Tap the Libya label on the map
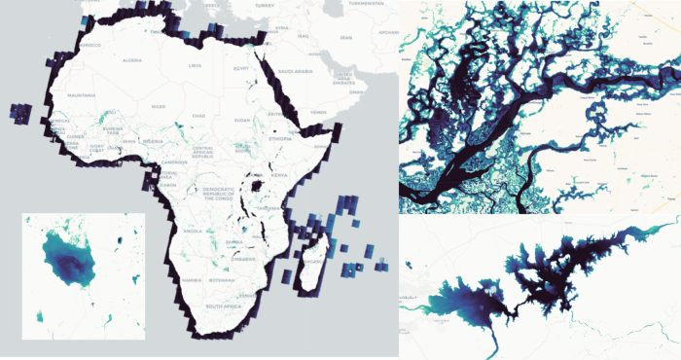tap(196, 65)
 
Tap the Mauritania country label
tap(81, 95)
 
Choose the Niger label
tap(159, 107)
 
